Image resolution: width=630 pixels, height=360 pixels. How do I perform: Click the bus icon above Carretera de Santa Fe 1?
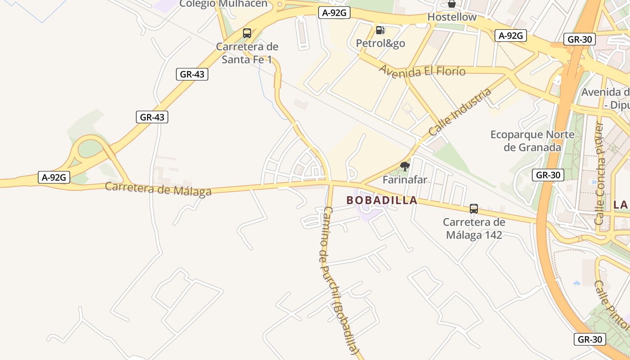(247, 33)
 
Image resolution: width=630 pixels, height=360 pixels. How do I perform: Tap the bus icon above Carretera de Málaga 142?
(473, 209)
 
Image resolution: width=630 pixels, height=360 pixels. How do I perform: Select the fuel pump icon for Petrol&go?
(380, 30)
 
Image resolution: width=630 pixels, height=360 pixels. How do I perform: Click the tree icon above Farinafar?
(405, 166)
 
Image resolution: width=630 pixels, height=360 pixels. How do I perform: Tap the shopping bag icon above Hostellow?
(452, 4)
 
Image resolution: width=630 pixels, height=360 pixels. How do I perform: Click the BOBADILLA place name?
(382, 201)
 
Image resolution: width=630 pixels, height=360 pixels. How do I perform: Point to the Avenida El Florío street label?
(422, 71)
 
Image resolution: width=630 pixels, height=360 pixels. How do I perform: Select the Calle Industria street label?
(460, 112)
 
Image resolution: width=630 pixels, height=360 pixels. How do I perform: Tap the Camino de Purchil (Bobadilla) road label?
(340, 281)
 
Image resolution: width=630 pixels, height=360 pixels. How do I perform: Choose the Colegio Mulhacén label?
(223, 4)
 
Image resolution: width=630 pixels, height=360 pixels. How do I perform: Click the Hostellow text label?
(452, 17)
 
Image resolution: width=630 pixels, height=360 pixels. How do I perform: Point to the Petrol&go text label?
(380, 43)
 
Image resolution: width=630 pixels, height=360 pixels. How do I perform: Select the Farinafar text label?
(405, 180)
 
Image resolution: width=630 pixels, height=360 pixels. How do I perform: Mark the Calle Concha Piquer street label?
(599, 173)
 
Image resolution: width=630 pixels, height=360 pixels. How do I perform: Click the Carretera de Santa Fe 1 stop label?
(247, 53)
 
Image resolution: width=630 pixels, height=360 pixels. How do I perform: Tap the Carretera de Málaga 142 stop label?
(474, 229)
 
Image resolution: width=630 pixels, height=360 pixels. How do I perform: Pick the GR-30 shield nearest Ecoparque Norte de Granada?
(548, 175)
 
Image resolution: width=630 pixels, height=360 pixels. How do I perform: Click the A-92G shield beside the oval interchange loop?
(54, 177)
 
